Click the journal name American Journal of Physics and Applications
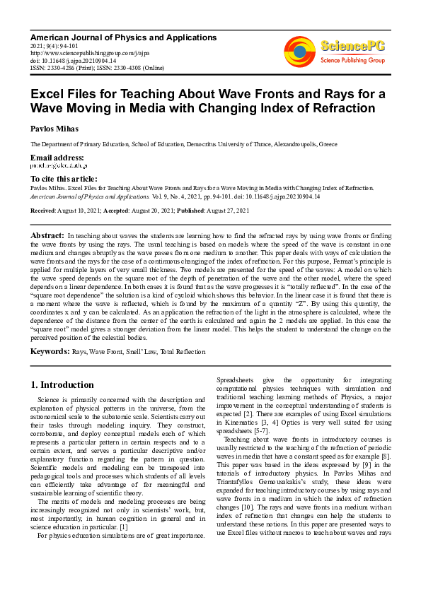tap(123, 36)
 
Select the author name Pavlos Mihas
tap(54, 129)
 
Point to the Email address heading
tap(57, 157)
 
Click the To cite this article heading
tap(64, 179)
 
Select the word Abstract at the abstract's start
tap(47, 233)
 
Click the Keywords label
tap(49, 351)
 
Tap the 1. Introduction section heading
tap(63, 385)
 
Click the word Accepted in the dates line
tap(117, 211)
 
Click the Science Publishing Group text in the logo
tap(351, 61)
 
